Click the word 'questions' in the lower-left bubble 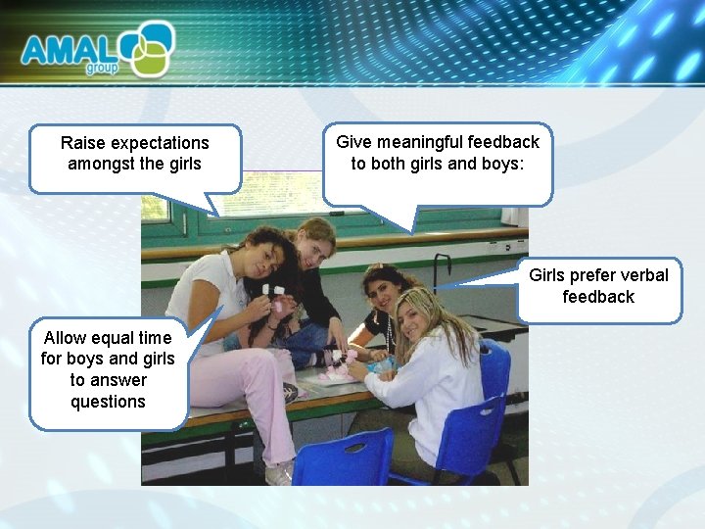point(108,402)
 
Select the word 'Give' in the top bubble point(352,141)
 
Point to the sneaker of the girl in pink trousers point(278,474)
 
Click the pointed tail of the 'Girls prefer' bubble point(446,286)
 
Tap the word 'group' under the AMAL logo point(102,69)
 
